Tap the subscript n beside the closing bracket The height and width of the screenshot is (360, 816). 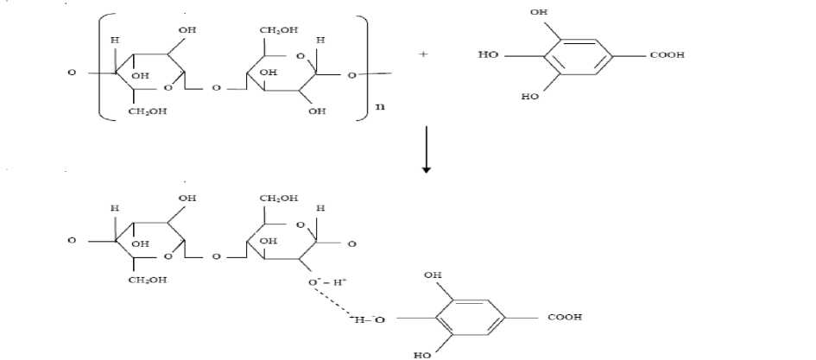(378, 108)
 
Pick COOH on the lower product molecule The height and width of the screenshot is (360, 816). (565, 318)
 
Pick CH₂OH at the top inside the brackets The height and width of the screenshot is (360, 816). (278, 30)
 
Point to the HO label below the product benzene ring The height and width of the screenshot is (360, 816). (424, 355)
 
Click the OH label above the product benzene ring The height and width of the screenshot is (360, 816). (432, 275)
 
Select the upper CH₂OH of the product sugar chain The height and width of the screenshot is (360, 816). (278, 199)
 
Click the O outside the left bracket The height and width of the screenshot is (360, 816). (72, 72)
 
